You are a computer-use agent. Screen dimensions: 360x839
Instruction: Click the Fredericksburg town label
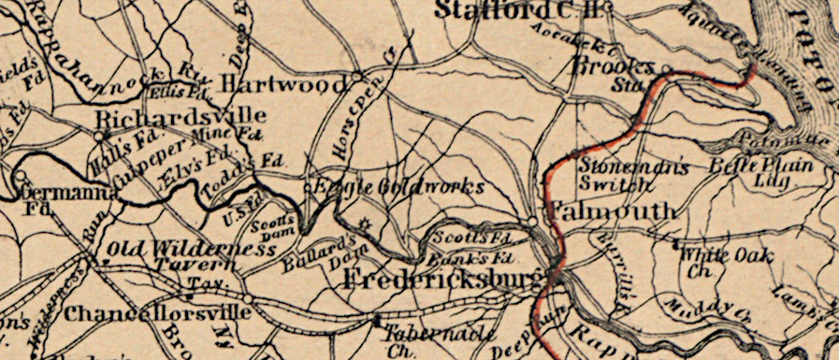tap(444, 280)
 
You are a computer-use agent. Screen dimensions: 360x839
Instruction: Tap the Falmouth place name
tap(613, 211)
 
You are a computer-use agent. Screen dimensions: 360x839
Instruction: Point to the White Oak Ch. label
tap(716, 261)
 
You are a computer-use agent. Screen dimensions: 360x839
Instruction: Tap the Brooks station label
tap(612, 68)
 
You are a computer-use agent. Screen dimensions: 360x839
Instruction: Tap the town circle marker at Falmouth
tap(532, 221)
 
